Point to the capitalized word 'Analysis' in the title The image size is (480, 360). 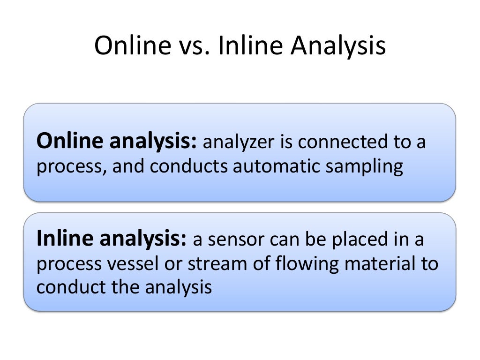pos(334,47)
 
